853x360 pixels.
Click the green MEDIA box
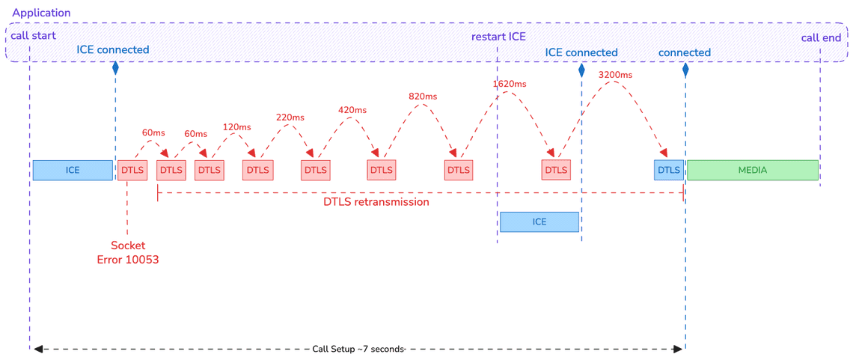pos(752,170)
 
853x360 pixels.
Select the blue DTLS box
pos(669,170)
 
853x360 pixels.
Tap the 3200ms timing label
pos(616,75)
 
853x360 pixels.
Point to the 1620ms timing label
pos(510,84)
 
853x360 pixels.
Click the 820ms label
pos(423,97)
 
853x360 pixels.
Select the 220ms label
pos(290,118)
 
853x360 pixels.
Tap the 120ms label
pos(236,127)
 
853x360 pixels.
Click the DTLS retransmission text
pos(376,202)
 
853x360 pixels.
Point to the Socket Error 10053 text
pos(128,252)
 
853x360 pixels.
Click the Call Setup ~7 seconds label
pos(358,349)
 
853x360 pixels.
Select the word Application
pos(42,13)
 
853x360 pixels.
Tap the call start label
pos(33,36)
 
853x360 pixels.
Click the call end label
pos(821,37)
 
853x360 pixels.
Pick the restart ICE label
pos(498,37)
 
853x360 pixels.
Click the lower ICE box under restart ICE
pos(539,222)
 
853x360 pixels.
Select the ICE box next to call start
pos(73,170)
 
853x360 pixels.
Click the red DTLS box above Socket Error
pos(132,170)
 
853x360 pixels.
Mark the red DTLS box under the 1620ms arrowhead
pos(556,170)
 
